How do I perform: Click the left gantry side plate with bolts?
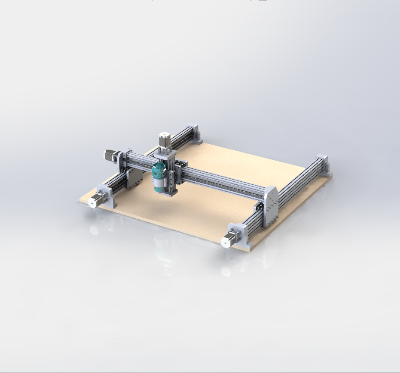(134, 177)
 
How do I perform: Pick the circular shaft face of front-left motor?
(92, 202)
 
